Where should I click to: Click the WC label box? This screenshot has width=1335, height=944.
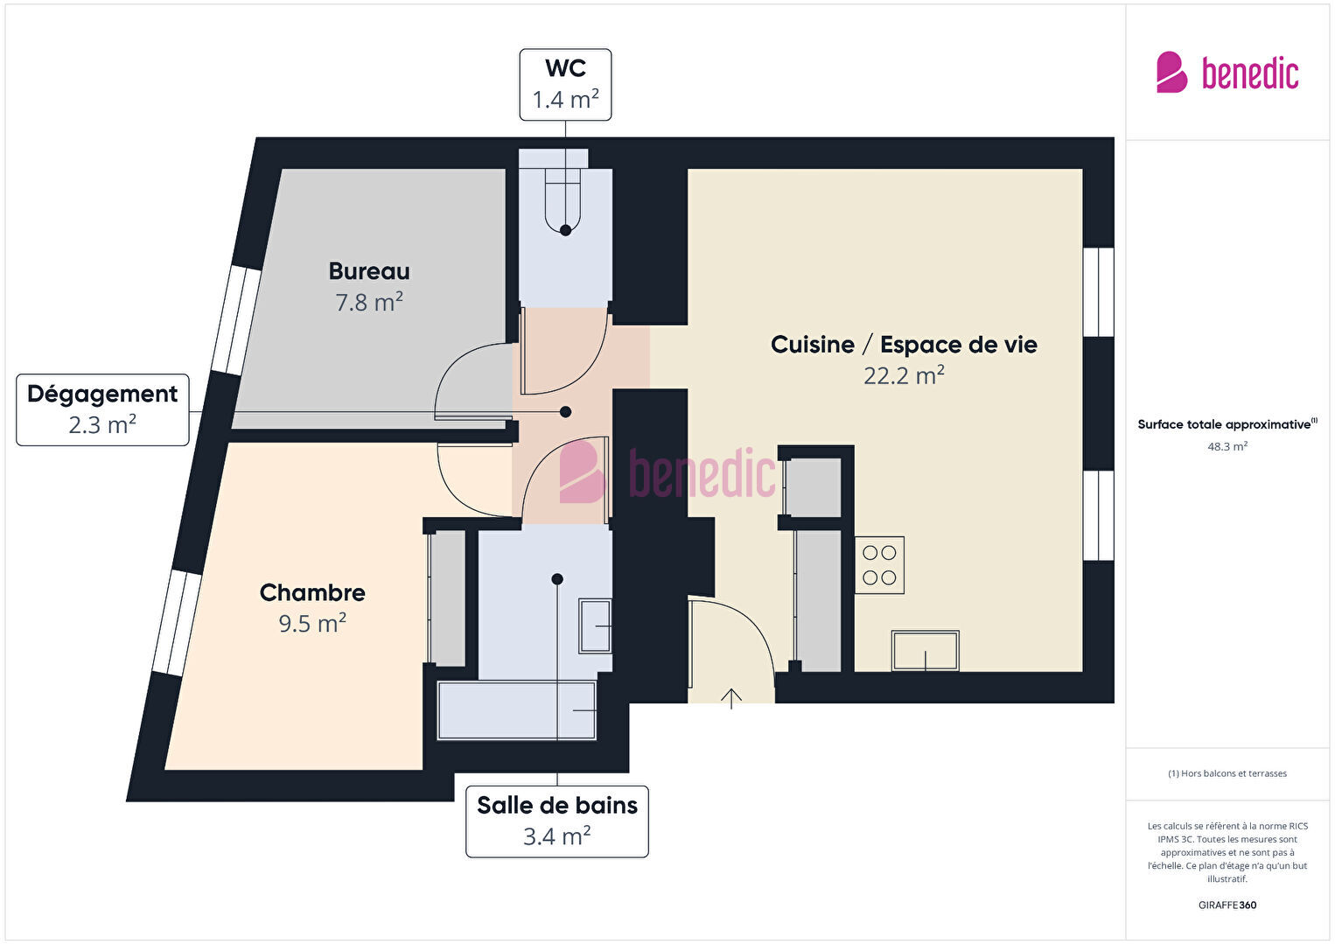click(x=565, y=85)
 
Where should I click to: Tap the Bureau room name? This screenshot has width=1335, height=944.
click(x=369, y=271)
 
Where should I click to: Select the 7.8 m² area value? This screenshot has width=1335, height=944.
click(x=369, y=302)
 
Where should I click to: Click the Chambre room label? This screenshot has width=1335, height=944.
click(x=312, y=592)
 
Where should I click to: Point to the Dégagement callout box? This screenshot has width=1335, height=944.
click(x=102, y=410)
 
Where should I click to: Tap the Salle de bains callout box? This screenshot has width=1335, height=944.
click(x=556, y=822)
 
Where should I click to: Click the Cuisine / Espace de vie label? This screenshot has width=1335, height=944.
click(x=904, y=345)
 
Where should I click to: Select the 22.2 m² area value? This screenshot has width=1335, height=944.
click(x=904, y=375)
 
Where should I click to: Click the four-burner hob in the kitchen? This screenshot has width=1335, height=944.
click(x=879, y=565)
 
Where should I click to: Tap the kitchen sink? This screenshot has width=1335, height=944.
click(x=925, y=651)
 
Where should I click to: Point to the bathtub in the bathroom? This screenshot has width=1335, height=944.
click(x=517, y=710)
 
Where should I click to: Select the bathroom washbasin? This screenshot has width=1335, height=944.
click(x=596, y=626)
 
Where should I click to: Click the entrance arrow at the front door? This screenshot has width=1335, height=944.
click(x=731, y=698)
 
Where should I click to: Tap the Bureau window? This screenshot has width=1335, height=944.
click(x=236, y=320)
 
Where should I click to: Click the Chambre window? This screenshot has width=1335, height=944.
click(x=177, y=622)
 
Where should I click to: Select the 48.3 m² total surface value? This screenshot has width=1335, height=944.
click(x=1227, y=446)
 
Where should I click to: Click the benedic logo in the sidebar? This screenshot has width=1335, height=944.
click(x=1227, y=72)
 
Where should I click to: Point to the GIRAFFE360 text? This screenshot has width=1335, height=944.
click(x=1227, y=905)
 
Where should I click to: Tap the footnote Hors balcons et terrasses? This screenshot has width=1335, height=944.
click(x=1227, y=773)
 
